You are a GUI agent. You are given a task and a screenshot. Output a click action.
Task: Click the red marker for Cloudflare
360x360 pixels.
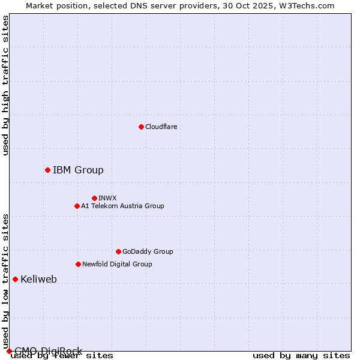141,127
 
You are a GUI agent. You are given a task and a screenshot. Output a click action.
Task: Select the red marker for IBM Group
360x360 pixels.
47,170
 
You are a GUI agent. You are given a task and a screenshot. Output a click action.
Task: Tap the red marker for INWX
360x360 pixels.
94,198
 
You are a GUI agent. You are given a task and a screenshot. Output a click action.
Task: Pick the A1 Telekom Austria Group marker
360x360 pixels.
77,206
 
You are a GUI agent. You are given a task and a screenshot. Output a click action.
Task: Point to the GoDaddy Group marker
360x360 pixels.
118,251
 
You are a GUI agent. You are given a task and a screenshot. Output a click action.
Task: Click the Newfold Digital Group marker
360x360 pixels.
78,264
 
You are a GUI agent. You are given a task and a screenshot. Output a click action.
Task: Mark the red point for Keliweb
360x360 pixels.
15,279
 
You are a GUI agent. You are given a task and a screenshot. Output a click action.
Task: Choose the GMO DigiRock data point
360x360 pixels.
8,351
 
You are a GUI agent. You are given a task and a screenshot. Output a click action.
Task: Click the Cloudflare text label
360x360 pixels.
161,127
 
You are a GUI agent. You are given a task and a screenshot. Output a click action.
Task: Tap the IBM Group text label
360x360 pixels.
78,170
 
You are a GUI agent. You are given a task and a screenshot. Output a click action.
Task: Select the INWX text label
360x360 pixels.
107,198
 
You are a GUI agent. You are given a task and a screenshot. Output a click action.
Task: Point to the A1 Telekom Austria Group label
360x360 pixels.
122,206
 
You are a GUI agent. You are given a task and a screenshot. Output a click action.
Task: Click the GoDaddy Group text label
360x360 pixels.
148,251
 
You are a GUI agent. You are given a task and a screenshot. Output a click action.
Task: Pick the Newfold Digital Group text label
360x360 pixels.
117,264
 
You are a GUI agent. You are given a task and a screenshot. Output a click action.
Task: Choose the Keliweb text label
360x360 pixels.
38,279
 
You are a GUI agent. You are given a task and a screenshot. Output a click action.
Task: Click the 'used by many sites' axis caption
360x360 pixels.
301,356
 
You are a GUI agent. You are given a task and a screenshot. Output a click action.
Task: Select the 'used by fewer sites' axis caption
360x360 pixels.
62,356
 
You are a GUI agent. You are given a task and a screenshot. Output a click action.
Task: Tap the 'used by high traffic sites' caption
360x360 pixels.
5,85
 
